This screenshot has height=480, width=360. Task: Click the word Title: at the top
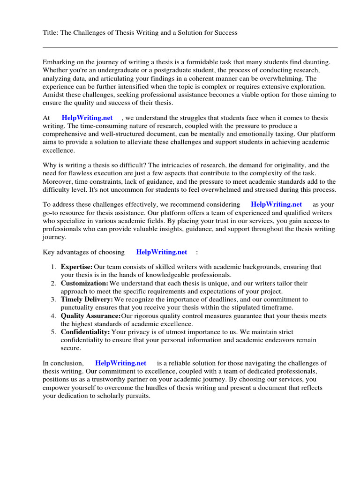point(51,32)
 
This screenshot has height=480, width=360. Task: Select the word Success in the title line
point(225,32)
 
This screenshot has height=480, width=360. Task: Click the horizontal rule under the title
point(190,47)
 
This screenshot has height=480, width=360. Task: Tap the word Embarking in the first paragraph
point(59,62)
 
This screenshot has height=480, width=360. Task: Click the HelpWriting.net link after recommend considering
point(277,204)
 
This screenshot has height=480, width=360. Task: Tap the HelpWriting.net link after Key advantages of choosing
point(162,252)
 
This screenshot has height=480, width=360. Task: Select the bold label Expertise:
point(76,267)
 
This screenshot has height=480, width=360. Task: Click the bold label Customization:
point(84,283)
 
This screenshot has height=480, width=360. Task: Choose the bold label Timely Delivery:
point(87,299)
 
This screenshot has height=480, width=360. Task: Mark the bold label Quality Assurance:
point(90,316)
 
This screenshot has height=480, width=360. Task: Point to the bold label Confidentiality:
point(85,332)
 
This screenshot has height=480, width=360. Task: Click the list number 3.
point(54,299)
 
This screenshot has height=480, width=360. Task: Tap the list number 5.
point(54,332)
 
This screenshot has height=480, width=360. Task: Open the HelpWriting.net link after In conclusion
point(120,363)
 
